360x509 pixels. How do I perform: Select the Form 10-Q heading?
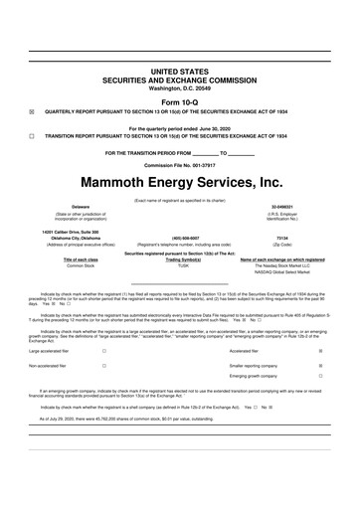click(x=179, y=101)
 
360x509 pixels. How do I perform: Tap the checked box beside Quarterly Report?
click(x=32, y=112)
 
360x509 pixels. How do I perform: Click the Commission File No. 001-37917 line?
click(x=179, y=164)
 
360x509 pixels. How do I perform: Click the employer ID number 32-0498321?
click(x=304, y=206)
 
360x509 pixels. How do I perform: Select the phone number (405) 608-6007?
click(x=179, y=238)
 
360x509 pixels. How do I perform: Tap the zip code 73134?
click(x=304, y=238)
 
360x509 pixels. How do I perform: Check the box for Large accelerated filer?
click(x=104, y=351)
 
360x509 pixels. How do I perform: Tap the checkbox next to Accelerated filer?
click(x=319, y=351)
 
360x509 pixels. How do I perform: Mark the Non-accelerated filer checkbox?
click(x=104, y=365)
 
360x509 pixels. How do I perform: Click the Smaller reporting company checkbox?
click(x=319, y=365)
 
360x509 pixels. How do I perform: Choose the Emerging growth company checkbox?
click(x=319, y=377)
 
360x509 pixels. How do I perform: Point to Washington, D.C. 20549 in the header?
click(x=179, y=88)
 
